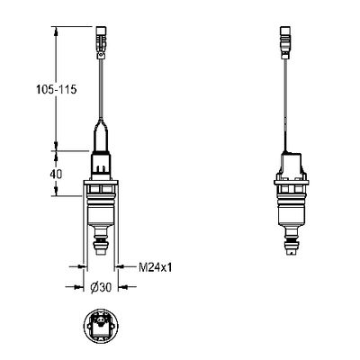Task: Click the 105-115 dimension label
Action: point(57,89)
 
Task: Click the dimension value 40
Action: point(56,175)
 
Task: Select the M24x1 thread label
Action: point(156,267)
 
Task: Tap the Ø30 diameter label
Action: point(101,287)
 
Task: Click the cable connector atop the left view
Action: point(101,43)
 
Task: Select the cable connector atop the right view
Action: point(285,43)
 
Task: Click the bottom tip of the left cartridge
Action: point(101,255)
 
